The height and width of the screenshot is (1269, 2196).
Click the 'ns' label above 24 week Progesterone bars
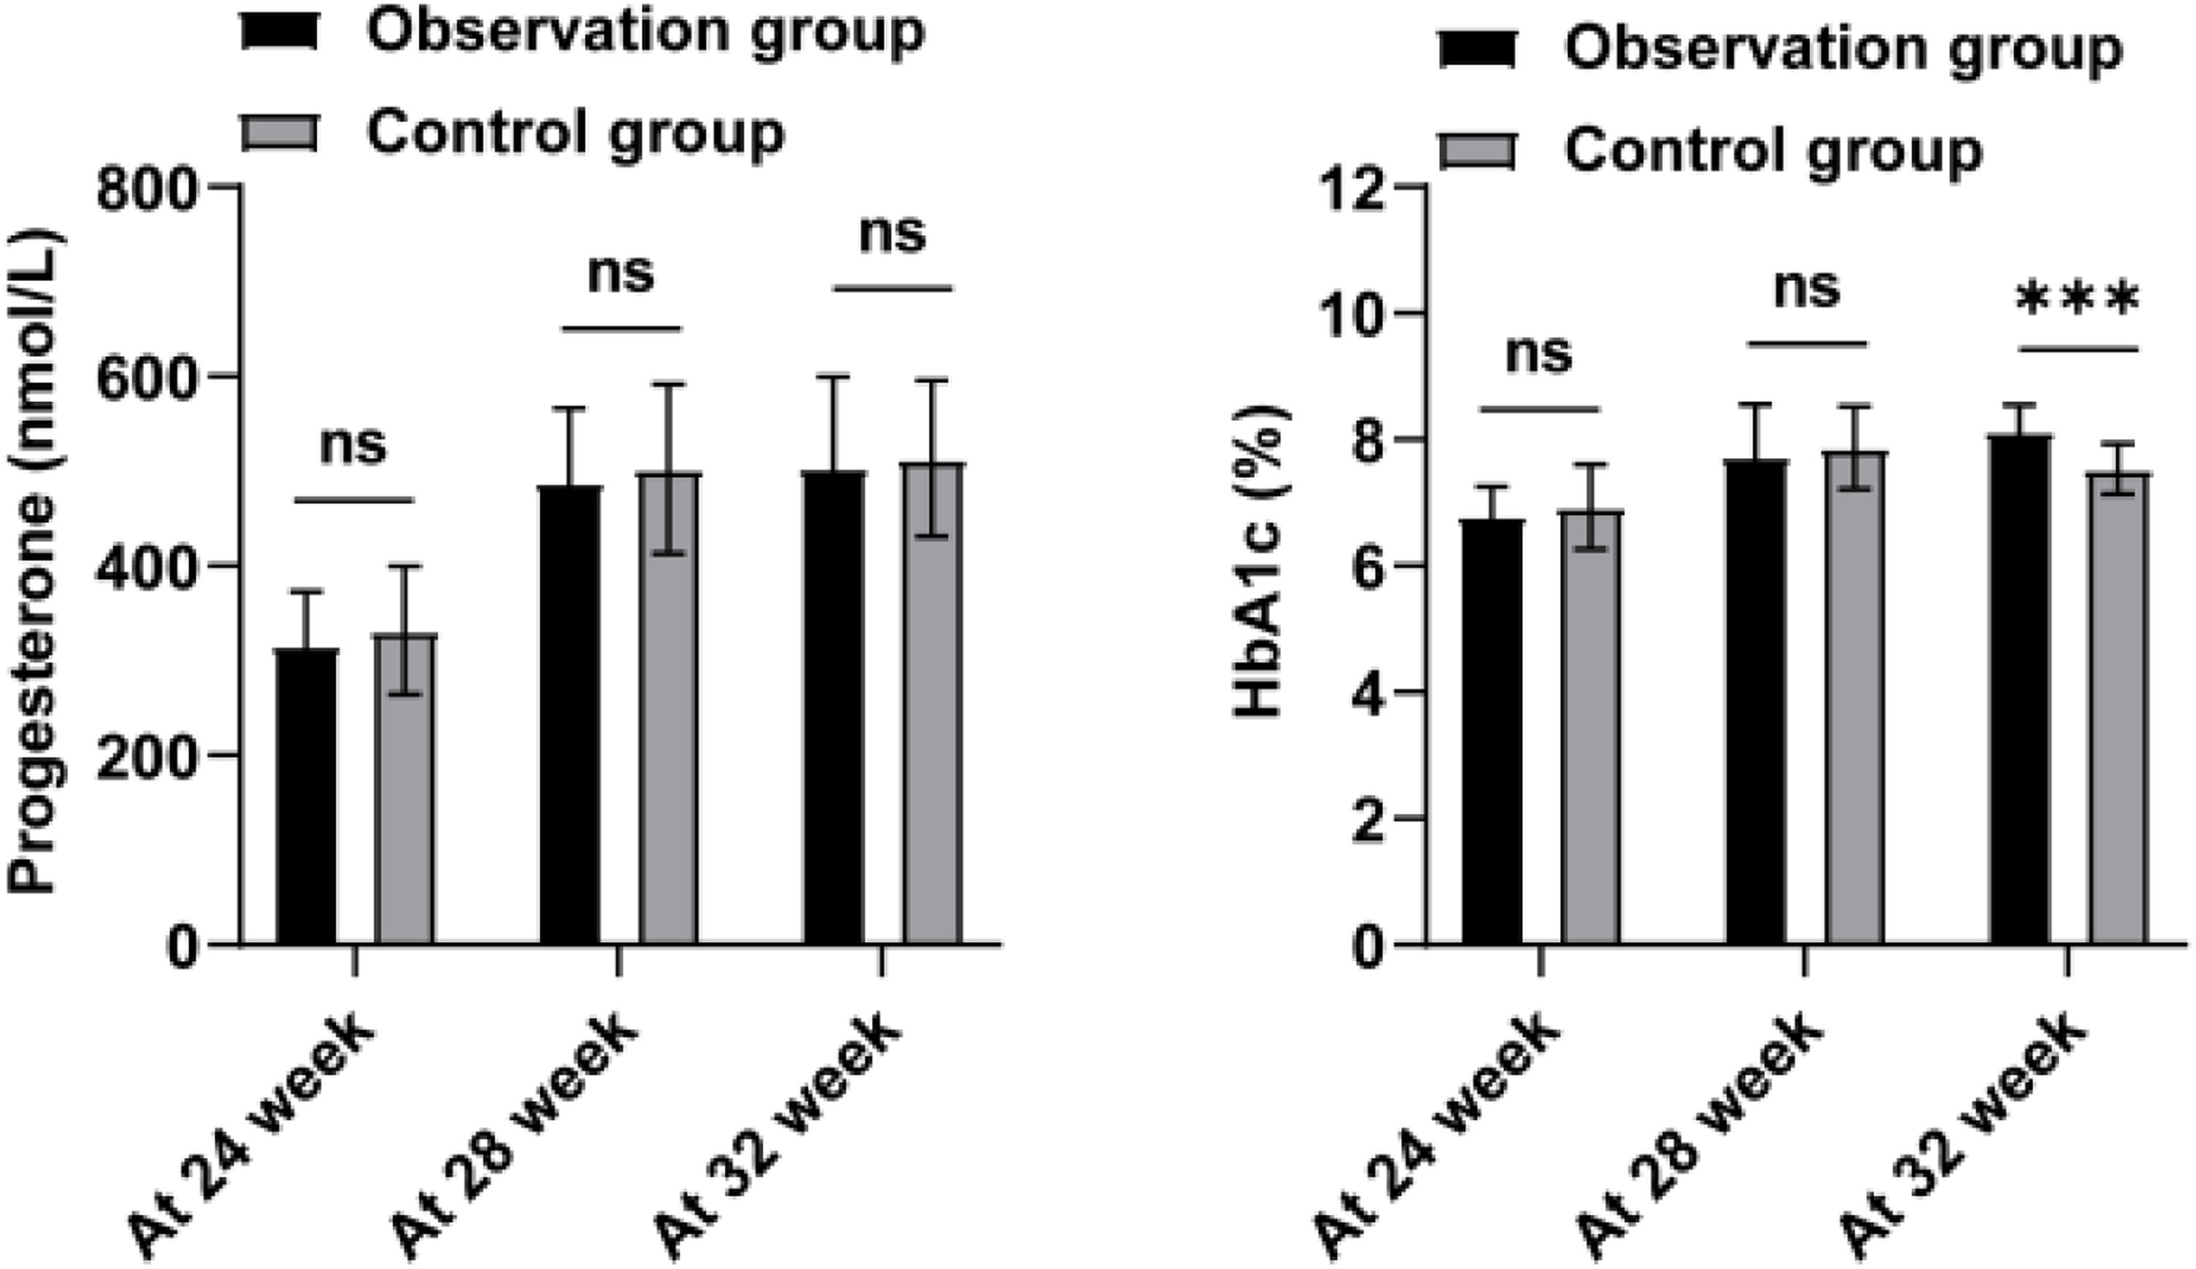click(353, 445)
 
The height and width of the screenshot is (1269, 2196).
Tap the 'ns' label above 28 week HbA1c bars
click(1807, 289)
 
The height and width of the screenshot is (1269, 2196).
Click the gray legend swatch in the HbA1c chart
click(1477, 152)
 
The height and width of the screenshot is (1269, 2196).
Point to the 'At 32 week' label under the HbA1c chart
click(1964, 1133)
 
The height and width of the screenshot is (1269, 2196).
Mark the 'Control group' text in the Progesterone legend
click(575, 133)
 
